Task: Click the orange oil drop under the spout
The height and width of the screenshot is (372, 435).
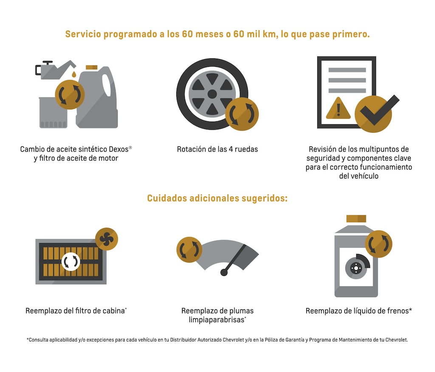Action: [x=74, y=74]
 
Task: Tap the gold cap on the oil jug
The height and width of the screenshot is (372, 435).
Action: [x=92, y=67]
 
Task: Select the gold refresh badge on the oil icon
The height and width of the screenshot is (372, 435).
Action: [x=70, y=94]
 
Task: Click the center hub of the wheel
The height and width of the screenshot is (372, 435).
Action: [x=212, y=94]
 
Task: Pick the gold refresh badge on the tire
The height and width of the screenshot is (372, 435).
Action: [x=242, y=114]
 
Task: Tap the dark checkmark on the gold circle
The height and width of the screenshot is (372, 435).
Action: [x=379, y=110]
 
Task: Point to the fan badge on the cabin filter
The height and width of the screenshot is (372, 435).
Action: [x=107, y=239]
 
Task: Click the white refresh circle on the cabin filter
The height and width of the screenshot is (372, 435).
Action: [x=71, y=262]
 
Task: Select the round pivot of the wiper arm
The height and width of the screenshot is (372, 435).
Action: [x=224, y=272]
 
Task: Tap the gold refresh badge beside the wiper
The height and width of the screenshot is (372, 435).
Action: [x=189, y=250]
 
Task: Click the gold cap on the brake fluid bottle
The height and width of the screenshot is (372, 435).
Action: [x=356, y=218]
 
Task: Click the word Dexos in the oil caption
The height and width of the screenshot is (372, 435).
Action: [x=119, y=149]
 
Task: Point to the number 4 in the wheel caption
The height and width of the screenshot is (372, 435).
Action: [x=231, y=149]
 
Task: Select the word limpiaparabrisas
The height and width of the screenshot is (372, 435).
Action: [x=217, y=320]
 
